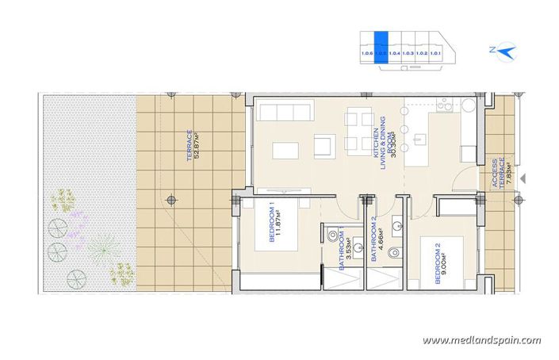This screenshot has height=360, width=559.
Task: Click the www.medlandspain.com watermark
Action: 482,340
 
